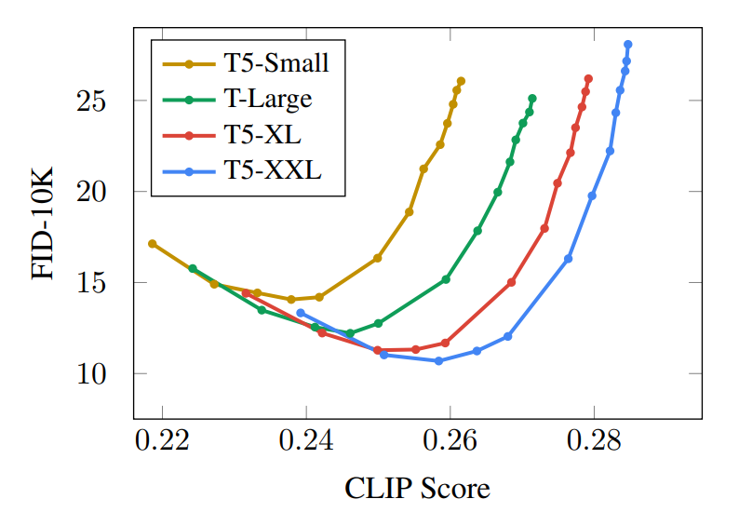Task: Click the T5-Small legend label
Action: [x=275, y=64]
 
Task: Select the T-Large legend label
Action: [x=267, y=100]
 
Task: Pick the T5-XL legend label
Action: [x=262, y=135]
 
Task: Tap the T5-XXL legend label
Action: [x=272, y=170]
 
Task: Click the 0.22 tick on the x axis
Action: [x=162, y=438]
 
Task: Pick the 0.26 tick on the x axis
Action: [x=450, y=438]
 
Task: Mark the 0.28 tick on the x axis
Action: [x=594, y=438]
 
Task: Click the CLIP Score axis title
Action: [x=417, y=488]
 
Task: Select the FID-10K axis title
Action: [x=44, y=223]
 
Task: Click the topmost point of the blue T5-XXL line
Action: [x=628, y=45]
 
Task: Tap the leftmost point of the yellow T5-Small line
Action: [x=153, y=244]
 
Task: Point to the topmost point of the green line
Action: [x=532, y=99]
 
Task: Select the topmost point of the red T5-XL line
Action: [x=588, y=79]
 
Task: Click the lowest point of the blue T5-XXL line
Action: [x=438, y=360]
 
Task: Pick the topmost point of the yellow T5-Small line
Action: [x=461, y=82]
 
